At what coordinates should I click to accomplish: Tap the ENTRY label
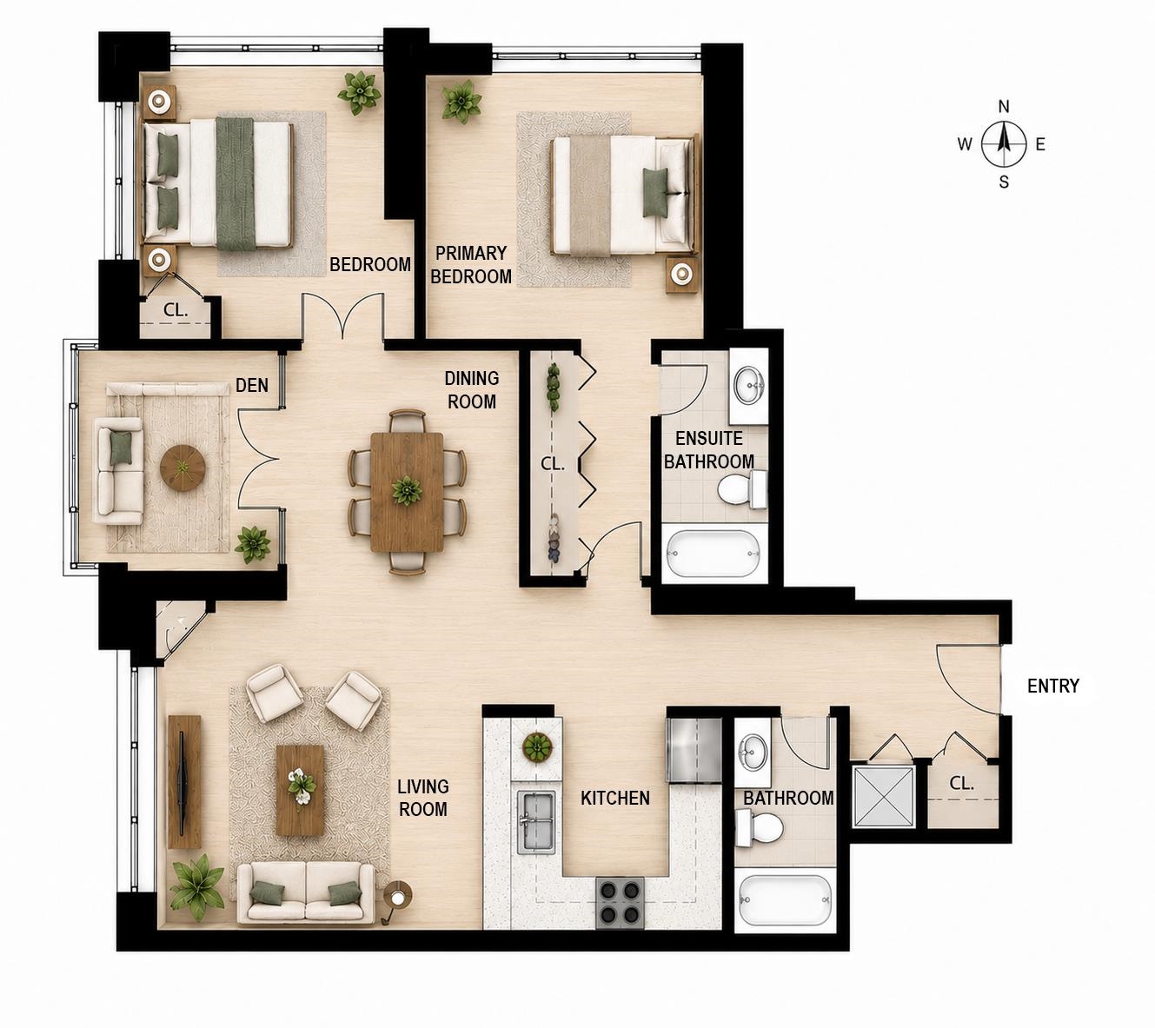[1053, 686]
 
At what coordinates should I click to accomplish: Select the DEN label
[251, 386]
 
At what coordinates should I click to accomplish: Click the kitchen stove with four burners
[621, 903]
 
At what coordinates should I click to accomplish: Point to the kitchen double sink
[536, 821]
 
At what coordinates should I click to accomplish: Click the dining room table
[407, 492]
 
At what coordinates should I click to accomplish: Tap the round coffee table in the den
[183, 468]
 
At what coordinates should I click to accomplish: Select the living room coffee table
[300, 790]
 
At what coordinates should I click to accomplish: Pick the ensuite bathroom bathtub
[714, 553]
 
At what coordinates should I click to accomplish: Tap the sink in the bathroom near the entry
[753, 752]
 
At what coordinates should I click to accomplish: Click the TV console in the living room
[184, 782]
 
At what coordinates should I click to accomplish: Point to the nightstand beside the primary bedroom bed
[682, 275]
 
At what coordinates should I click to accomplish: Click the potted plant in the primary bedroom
[461, 102]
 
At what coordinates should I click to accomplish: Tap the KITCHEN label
[615, 799]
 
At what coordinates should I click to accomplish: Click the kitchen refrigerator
[694, 750]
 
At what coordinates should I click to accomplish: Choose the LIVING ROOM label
[423, 799]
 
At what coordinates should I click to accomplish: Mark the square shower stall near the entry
[883, 796]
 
